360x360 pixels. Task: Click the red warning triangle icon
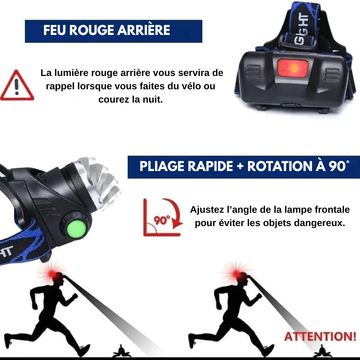(17, 85)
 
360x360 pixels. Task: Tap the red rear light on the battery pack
(292, 68)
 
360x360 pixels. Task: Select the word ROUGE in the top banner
(91, 30)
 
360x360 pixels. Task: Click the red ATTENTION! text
(320, 336)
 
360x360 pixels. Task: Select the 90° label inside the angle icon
(162, 220)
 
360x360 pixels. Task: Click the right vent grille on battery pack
(332, 75)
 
